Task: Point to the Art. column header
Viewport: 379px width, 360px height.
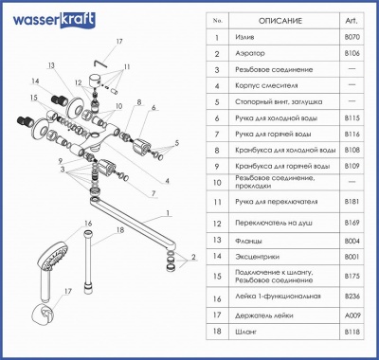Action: pyautogui.click(x=349, y=17)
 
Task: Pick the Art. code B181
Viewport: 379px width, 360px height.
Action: pyautogui.click(x=349, y=201)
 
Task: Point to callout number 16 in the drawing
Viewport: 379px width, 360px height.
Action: pyautogui.click(x=87, y=224)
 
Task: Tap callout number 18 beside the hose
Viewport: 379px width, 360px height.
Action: pyautogui.click(x=119, y=230)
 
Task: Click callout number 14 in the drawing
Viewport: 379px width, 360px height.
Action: pyautogui.click(x=32, y=82)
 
